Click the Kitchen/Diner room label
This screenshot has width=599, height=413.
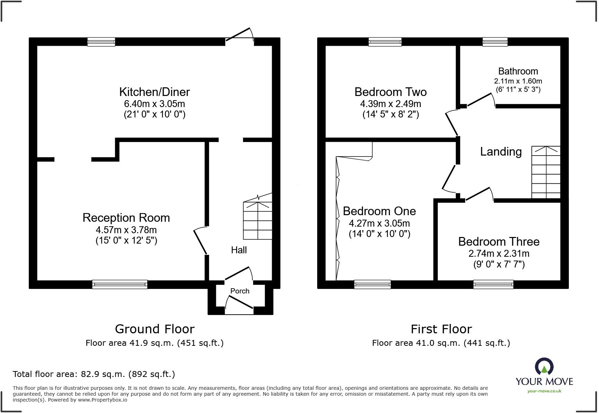click(154, 92)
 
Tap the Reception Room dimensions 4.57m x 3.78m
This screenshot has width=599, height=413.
click(126, 230)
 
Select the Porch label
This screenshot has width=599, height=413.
click(240, 291)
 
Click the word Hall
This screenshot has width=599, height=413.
click(239, 250)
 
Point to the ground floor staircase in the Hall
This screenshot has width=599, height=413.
click(258, 220)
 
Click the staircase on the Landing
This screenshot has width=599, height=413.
click(546, 173)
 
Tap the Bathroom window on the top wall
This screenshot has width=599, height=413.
click(495, 42)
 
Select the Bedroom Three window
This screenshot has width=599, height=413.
click(493, 284)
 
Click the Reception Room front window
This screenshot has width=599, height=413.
click(120, 284)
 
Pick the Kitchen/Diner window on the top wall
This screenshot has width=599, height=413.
click(101, 42)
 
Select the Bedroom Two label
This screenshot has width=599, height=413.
click(390, 92)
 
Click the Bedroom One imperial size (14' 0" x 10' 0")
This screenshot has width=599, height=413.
click(379, 234)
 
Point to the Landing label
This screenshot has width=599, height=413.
click(501, 152)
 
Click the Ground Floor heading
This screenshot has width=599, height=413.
click(155, 329)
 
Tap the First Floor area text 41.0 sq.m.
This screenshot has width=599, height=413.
click(441, 343)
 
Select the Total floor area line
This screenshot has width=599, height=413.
click(94, 374)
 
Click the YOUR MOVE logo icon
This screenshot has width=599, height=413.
click(544, 366)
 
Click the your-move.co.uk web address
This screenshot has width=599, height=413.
click(544, 391)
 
